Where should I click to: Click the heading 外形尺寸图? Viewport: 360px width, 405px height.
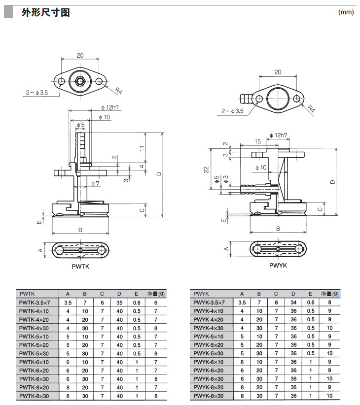[x=45, y=12]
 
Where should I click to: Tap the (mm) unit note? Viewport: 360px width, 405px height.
[x=346, y=12]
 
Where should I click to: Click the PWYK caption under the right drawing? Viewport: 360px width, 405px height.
[x=278, y=265]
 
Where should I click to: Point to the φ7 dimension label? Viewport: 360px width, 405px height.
[x=95, y=183]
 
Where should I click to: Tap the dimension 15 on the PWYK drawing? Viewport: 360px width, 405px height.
[x=258, y=142]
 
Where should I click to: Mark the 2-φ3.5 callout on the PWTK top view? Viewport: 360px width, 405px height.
[x=37, y=92]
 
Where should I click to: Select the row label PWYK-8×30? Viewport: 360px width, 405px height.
[x=208, y=395]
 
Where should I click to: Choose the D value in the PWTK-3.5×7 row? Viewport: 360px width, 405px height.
[x=119, y=302]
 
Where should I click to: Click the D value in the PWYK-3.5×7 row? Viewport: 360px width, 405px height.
[x=293, y=302]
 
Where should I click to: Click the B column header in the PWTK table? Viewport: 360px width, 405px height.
[x=85, y=293]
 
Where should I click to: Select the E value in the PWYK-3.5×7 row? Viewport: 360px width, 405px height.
[x=310, y=302]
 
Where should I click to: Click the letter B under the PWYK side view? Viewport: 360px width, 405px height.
[x=278, y=229]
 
